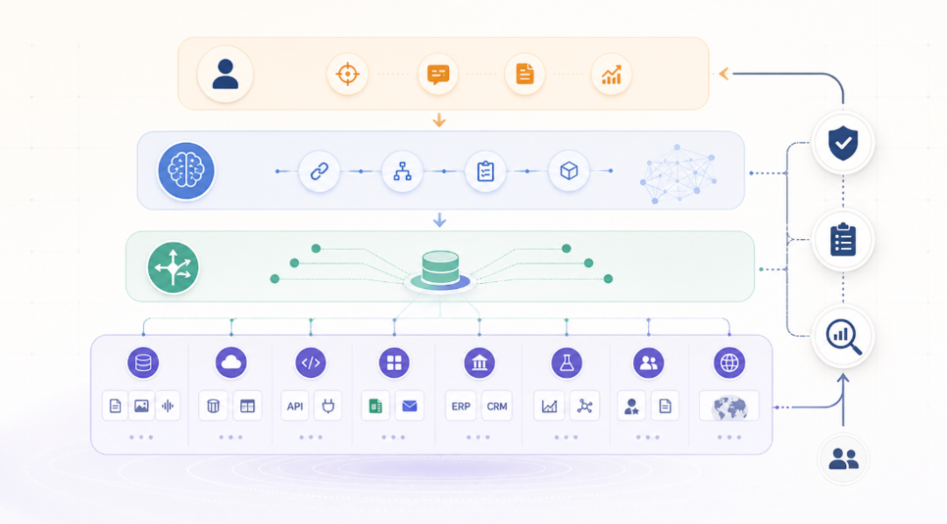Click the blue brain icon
pyautogui.click(x=186, y=171)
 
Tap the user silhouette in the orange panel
pyautogui.click(x=225, y=74)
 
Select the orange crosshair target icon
pyautogui.click(x=347, y=74)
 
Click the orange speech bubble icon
pyautogui.click(x=438, y=74)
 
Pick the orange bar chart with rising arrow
pyautogui.click(x=611, y=74)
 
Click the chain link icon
pyautogui.click(x=319, y=172)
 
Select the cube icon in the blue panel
pyautogui.click(x=569, y=172)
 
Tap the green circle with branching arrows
pyautogui.click(x=174, y=267)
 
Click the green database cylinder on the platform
pyautogui.click(x=440, y=267)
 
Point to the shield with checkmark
pyautogui.click(x=844, y=143)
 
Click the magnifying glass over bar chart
pyautogui.click(x=844, y=336)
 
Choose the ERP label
pyautogui.click(x=461, y=407)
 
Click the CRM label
pyautogui.click(x=497, y=407)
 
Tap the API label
pyautogui.click(x=295, y=407)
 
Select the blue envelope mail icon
pyautogui.click(x=409, y=406)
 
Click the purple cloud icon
pyautogui.click(x=231, y=363)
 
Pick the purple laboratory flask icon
pyautogui.click(x=566, y=363)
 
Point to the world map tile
pyautogui.click(x=729, y=407)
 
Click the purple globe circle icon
pyautogui.click(x=730, y=363)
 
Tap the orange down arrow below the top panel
pyautogui.click(x=439, y=120)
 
